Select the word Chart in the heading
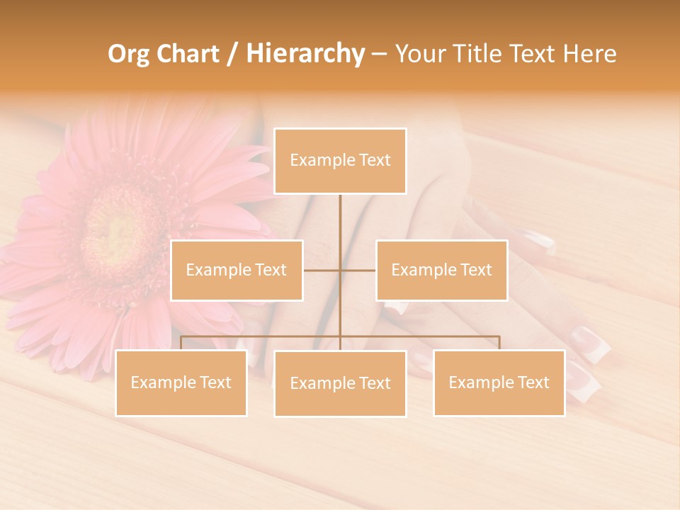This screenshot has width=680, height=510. click(x=188, y=54)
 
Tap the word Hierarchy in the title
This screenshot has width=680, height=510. click(x=305, y=54)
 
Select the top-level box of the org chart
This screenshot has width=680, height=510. click(x=340, y=161)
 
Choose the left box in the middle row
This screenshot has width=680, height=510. click(x=237, y=270)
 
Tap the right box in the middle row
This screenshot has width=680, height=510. click(x=441, y=270)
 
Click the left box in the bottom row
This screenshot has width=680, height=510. click(x=181, y=382)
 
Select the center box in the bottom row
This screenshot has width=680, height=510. click(x=340, y=383)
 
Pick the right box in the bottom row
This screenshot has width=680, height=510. click(x=499, y=382)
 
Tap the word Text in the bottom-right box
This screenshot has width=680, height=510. click(x=533, y=382)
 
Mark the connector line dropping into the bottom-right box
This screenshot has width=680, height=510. click(x=499, y=343)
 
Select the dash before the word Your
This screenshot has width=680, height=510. click(x=379, y=55)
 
